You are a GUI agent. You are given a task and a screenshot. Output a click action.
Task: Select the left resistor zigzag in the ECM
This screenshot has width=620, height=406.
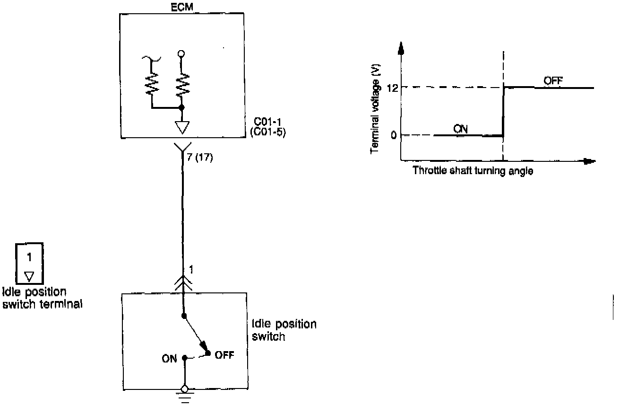pos(153,82)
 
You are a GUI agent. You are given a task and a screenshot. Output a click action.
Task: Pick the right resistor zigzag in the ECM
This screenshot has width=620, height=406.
pos(181,83)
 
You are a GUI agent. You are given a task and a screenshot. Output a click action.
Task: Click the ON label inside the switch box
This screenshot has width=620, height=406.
pos(170,359)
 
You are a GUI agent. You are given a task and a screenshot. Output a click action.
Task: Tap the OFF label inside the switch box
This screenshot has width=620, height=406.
pos(224,355)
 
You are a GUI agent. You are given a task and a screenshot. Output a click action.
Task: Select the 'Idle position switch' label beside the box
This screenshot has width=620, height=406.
pos(284,330)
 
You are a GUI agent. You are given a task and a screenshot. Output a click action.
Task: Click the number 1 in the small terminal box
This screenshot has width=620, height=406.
pos(29,257)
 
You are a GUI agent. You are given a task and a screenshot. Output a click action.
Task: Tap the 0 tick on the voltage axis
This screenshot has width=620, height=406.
pos(393,135)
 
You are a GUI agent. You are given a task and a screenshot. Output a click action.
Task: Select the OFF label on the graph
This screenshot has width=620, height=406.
pos(553,80)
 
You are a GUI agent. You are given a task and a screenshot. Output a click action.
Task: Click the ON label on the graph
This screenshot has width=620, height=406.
pos(460,128)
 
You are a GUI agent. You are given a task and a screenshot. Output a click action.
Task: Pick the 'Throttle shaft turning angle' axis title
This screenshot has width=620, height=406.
pos(473,171)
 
